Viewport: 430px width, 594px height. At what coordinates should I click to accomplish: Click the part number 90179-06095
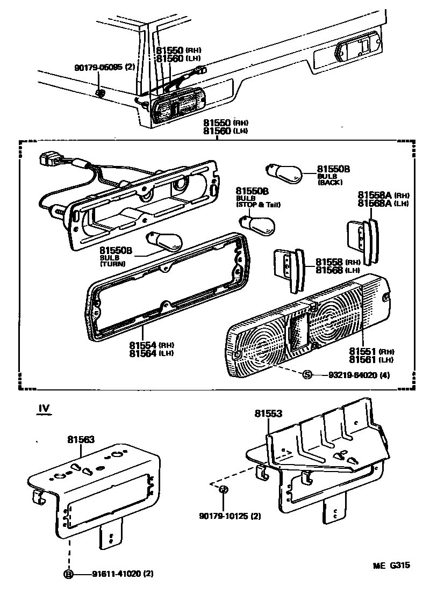click(99, 68)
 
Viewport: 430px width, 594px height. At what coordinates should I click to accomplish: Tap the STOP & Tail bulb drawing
click(253, 221)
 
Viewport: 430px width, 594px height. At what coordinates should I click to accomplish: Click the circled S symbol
click(307, 374)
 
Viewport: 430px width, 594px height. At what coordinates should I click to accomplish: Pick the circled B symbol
click(69, 574)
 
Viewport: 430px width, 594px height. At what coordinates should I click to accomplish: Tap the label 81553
click(268, 413)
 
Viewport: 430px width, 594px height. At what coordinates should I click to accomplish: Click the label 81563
click(81, 439)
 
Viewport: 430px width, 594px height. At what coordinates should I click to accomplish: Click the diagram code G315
click(400, 565)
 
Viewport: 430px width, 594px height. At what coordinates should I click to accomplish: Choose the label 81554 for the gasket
click(142, 344)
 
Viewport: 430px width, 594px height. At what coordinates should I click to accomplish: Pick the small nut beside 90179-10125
click(224, 489)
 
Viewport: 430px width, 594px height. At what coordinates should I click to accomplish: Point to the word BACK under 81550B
click(327, 183)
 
